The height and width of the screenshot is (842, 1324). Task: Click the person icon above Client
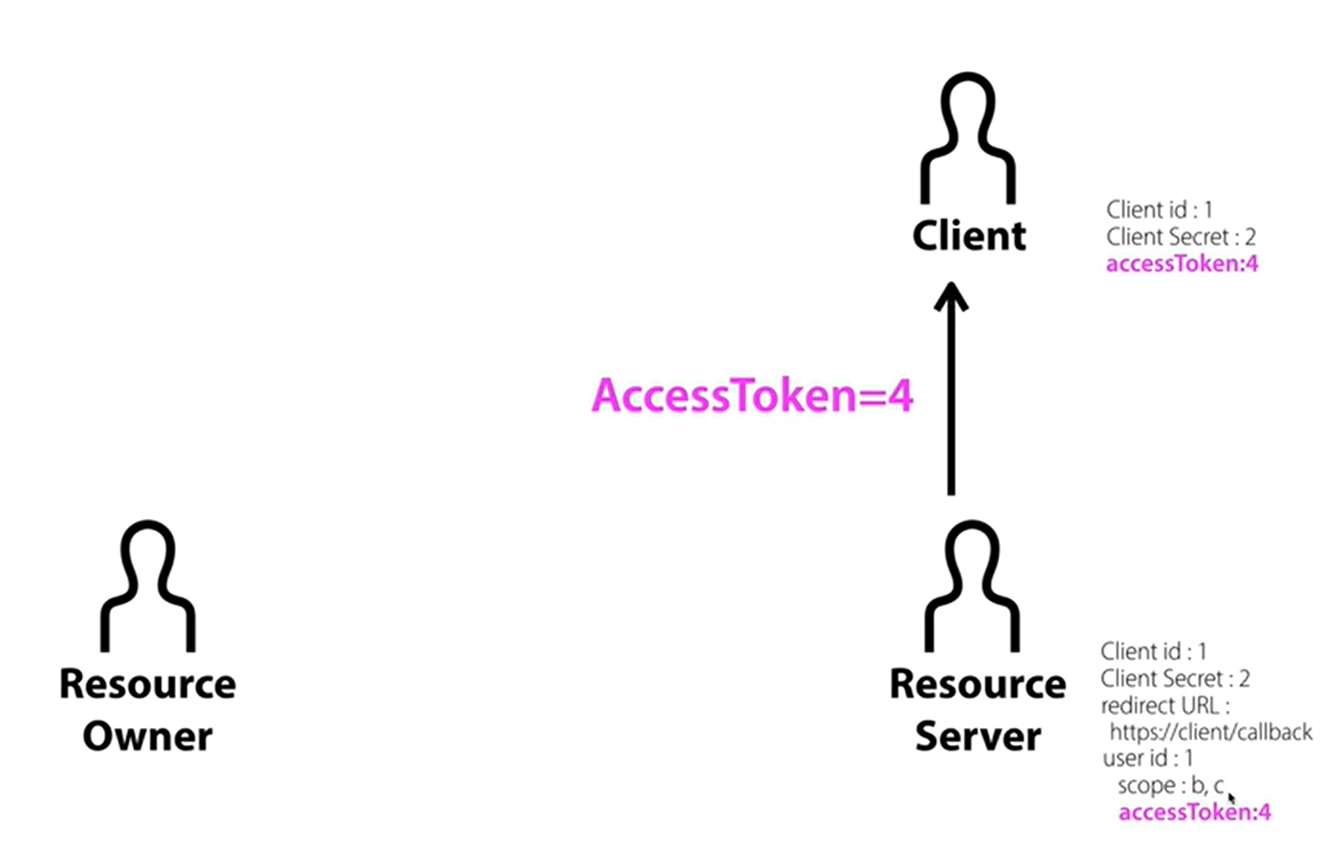coord(968,139)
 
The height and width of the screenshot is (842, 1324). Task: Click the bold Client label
coord(969,236)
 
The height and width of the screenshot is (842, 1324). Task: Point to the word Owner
coord(147,736)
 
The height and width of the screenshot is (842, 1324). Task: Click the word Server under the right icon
coord(977,736)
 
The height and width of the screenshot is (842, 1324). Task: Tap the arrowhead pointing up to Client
coord(951,297)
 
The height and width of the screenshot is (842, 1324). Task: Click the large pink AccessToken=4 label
coord(752,395)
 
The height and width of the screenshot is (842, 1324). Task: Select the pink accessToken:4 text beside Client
coord(1181,264)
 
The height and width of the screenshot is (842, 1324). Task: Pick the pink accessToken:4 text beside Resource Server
coord(1194,812)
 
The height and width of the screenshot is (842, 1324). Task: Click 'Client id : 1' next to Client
coord(1159,210)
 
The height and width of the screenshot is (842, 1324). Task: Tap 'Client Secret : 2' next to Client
coord(1180,237)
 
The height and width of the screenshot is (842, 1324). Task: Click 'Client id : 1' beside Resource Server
coord(1153,652)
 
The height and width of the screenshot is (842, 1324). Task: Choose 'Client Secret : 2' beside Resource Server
coord(1174,679)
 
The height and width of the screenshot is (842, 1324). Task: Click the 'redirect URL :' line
coord(1164,706)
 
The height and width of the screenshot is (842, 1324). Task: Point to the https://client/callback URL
coord(1210,732)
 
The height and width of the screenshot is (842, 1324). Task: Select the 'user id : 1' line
coord(1147,758)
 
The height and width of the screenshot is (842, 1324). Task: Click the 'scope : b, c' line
coord(1170,785)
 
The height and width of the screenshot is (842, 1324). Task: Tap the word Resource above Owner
coord(147,684)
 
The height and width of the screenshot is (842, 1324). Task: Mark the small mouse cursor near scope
coord(1231,797)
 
